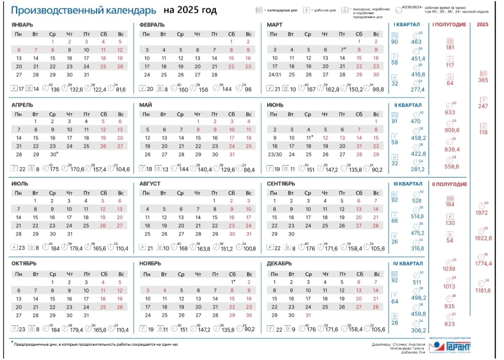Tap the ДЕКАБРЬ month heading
tap(280, 264)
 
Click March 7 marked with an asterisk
tap(342, 50)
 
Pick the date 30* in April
tap(53, 154)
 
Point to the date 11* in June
tap(309, 138)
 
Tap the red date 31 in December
tap(308, 315)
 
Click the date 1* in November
tap(232, 282)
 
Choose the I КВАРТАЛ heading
tap(406, 25)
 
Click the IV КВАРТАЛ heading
tap(407, 264)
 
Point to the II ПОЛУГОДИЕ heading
tap(449, 184)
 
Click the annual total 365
tap(483, 80)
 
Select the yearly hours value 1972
tap(483, 213)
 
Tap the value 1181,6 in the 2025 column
tap(483, 291)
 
